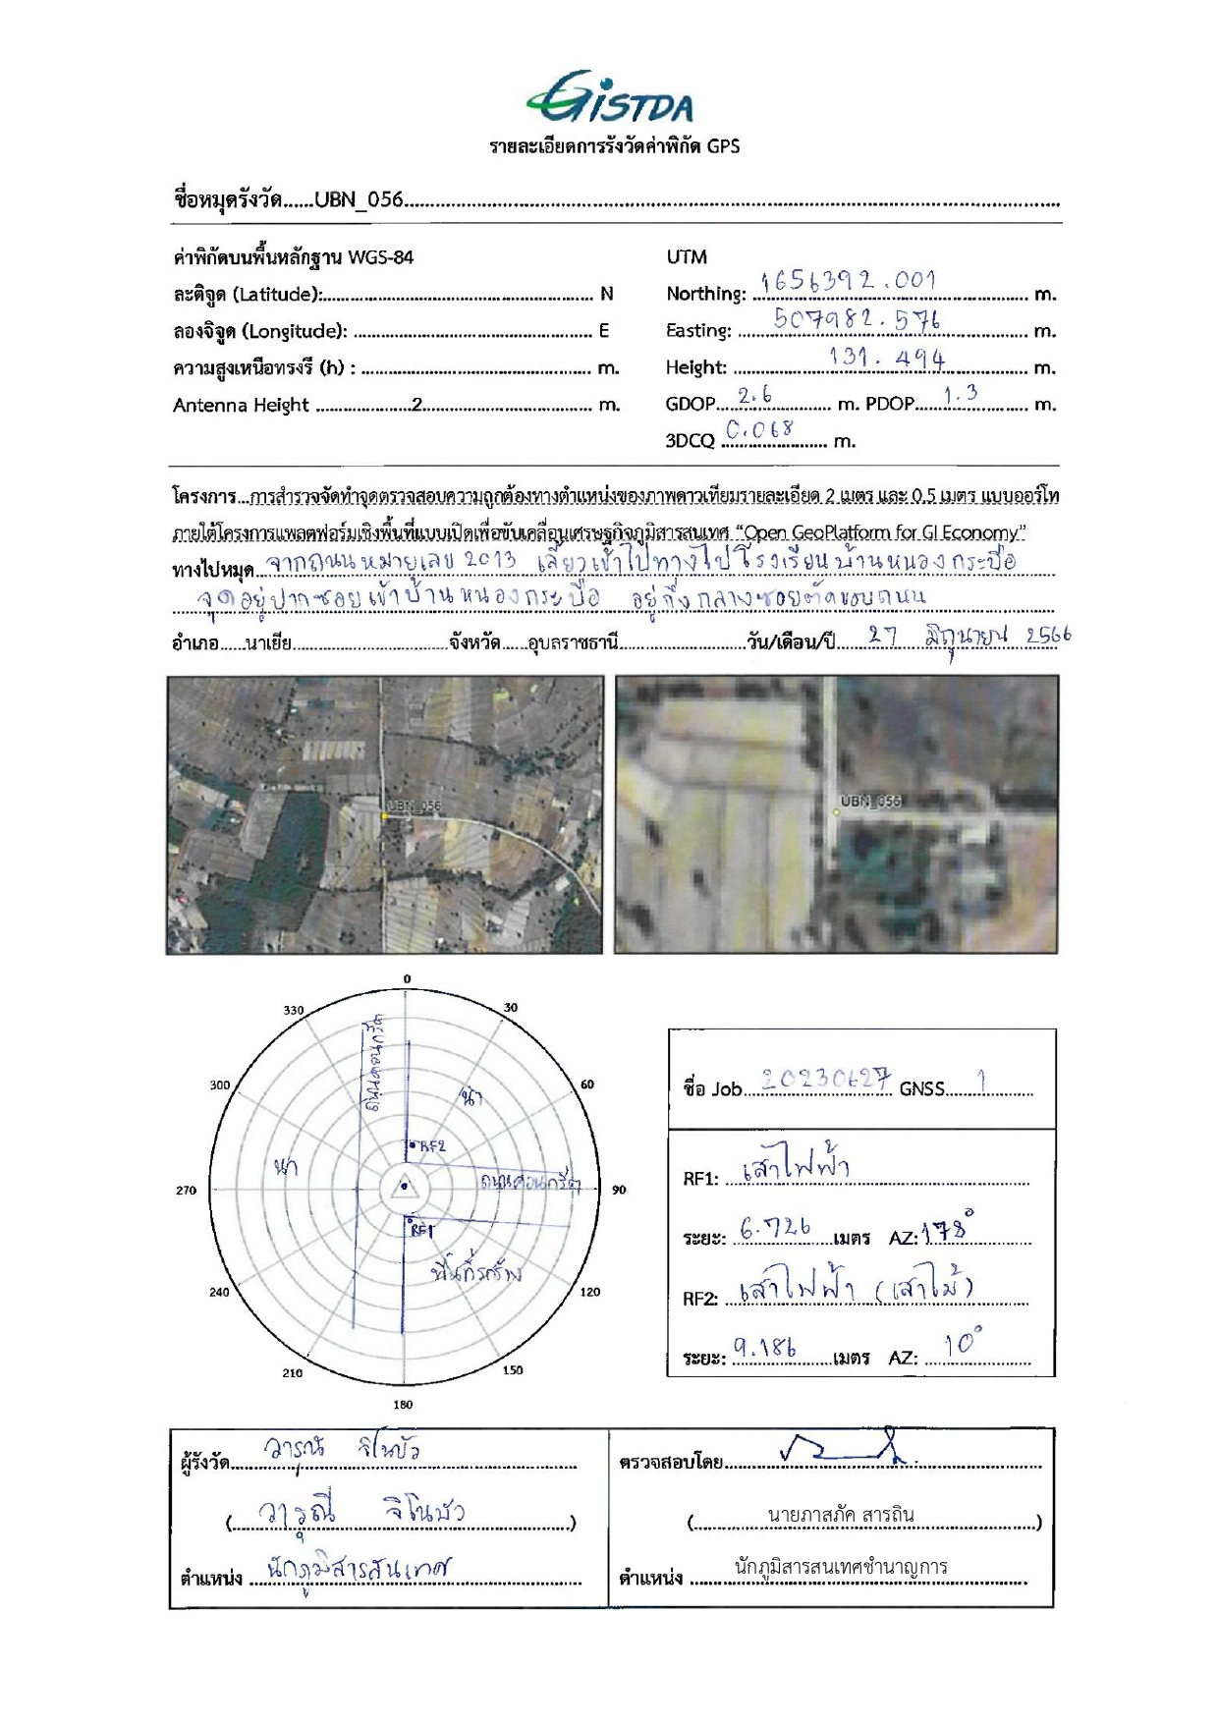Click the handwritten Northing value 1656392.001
[x=849, y=281]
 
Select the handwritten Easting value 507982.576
[x=856, y=318]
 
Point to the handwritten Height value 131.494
[x=887, y=358]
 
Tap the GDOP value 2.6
[x=754, y=395]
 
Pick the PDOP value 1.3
[x=960, y=394]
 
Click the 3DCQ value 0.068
[x=759, y=430]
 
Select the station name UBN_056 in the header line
[x=359, y=199]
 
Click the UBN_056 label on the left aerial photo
[x=415, y=806]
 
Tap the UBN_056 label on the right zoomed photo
[x=870, y=801]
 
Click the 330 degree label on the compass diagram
[x=294, y=1010]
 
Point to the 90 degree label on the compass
[x=619, y=1190]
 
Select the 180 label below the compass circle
[x=403, y=1405]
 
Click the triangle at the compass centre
[x=404, y=1187]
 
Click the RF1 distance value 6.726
[x=775, y=1228]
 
